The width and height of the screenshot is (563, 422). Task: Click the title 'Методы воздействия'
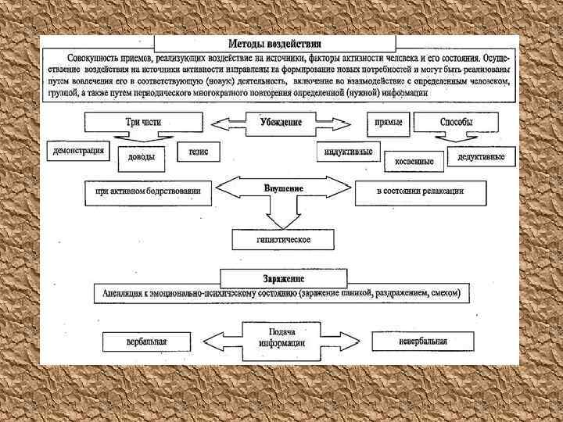[x=274, y=44]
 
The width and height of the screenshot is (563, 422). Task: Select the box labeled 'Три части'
[x=143, y=123]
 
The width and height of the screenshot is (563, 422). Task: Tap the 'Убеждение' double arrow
[x=281, y=123]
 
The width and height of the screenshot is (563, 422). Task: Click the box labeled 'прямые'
[x=389, y=123]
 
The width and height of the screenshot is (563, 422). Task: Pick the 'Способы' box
[x=456, y=123]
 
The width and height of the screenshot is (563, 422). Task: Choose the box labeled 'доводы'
[x=142, y=156]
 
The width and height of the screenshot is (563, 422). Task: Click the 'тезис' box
[x=199, y=151]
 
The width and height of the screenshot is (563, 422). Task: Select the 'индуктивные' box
[x=348, y=151]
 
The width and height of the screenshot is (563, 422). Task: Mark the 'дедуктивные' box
[x=481, y=157]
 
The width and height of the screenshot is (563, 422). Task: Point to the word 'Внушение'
[x=283, y=188]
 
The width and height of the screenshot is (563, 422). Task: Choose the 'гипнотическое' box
[x=283, y=239]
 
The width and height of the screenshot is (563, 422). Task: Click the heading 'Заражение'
[x=283, y=278]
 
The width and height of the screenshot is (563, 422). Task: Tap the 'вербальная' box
[x=146, y=342]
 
